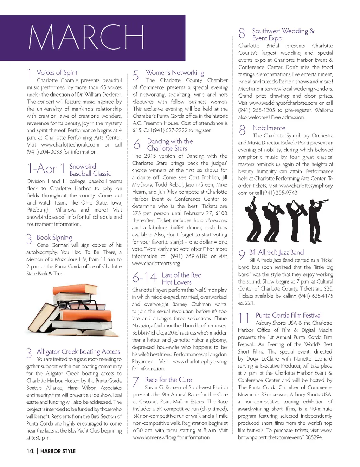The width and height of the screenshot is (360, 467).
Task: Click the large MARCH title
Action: (86, 37)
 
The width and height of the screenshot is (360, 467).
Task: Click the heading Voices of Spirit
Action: (57, 73)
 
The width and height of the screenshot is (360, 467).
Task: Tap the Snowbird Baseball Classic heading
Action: (90, 170)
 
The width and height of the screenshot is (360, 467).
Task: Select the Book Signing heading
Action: (54, 238)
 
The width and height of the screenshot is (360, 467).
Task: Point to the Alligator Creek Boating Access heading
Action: (78, 351)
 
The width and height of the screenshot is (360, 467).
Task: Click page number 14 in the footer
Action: (30, 451)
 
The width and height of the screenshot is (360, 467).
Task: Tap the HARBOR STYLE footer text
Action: (58, 451)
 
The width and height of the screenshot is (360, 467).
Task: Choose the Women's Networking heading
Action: (175, 73)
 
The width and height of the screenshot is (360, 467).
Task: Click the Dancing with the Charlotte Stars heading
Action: (169, 145)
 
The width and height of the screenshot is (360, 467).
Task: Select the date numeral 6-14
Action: (144, 278)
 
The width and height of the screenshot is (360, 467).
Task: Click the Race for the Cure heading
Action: (168, 380)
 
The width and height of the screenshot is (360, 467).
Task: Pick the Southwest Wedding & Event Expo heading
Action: (283, 34)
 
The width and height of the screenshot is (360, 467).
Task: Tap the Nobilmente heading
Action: (269, 128)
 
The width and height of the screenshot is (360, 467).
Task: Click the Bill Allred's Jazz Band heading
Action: (276, 252)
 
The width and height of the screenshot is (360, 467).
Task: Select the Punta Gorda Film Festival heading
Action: (288, 315)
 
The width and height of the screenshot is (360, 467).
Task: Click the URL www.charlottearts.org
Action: (156, 263)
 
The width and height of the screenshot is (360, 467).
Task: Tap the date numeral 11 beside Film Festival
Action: (244, 318)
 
